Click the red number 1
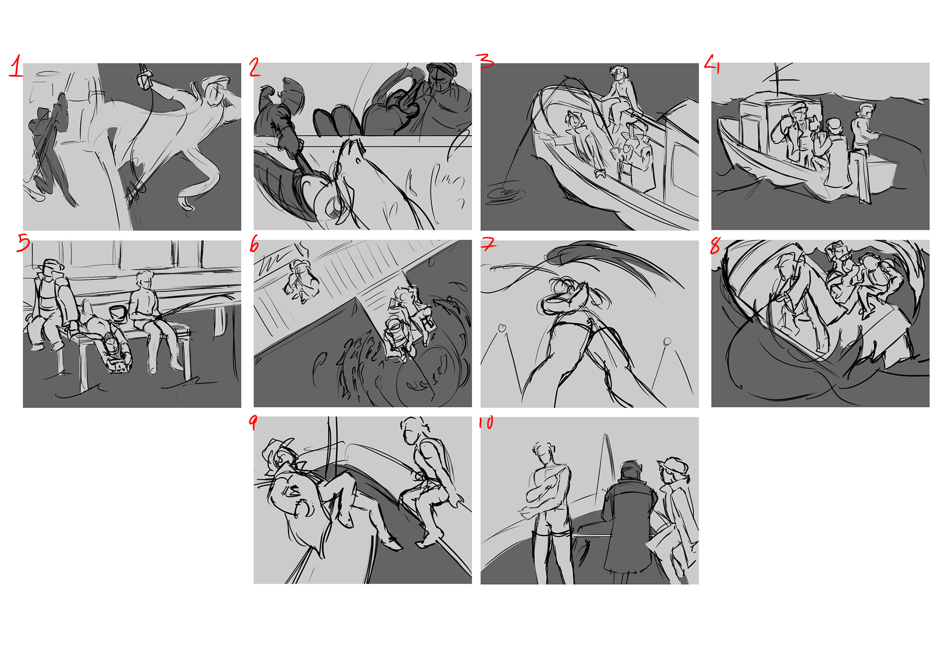tap(16, 66)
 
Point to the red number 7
tap(488, 243)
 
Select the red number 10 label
tap(486, 422)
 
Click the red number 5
tap(23, 243)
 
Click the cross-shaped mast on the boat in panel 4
tap(779, 79)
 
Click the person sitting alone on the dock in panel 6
tap(300, 280)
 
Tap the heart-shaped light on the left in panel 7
tap(502, 328)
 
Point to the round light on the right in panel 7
tap(667, 341)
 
